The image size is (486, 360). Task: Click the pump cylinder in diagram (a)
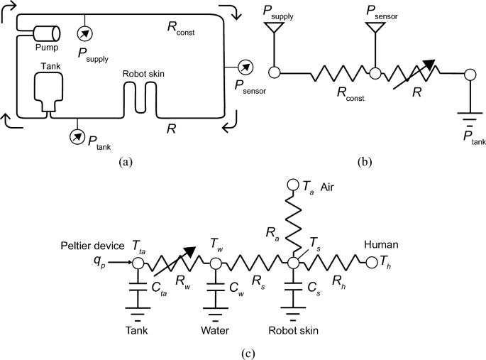pos(44,33)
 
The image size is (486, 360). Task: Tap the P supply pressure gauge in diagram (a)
pos(84,33)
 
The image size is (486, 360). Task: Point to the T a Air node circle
pos(291,185)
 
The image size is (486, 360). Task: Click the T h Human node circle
pos(370,263)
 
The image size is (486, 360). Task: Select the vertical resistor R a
pos(291,224)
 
